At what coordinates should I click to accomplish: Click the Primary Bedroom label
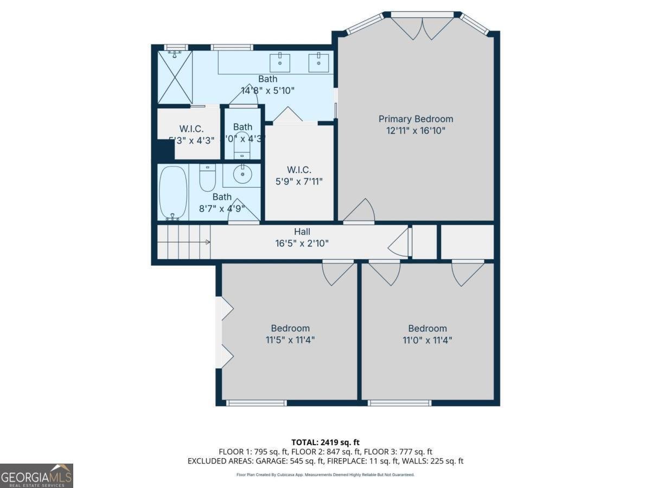416,119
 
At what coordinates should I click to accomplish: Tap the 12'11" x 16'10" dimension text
416,131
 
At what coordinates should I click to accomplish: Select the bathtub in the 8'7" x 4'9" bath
173,192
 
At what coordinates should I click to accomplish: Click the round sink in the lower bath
242,175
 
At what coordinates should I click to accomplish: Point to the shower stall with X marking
175,77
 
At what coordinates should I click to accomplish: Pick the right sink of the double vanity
318,61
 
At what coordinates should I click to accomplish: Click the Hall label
302,232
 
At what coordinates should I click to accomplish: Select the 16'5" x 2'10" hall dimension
302,243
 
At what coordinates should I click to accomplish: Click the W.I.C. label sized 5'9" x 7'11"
299,170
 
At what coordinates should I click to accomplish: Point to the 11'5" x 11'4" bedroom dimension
290,340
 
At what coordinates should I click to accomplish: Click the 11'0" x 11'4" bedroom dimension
427,340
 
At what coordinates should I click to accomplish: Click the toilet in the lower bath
207,178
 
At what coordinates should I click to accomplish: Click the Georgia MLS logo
36,476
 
